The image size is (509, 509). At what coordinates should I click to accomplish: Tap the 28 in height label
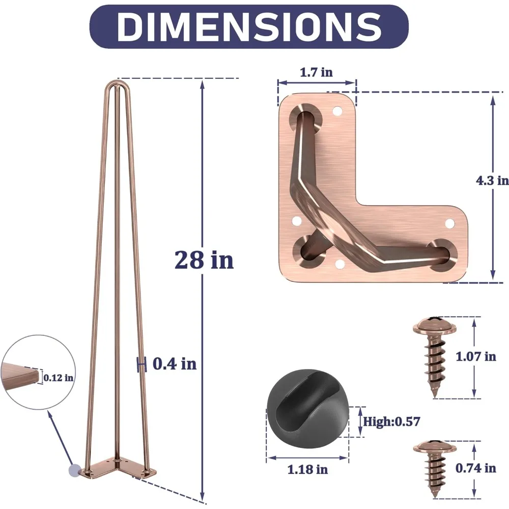[x=204, y=260]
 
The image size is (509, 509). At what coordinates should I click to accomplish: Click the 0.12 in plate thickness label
[x=58, y=378]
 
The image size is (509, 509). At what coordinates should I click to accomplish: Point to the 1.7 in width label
[x=316, y=72]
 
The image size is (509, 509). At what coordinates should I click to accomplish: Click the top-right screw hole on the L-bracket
[x=336, y=109]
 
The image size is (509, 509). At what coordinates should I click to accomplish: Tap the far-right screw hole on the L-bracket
[x=449, y=223]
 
